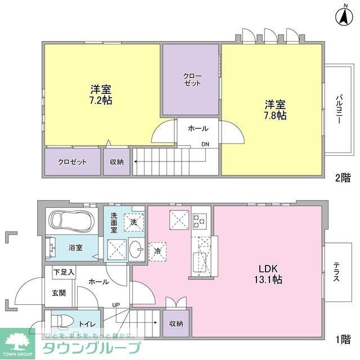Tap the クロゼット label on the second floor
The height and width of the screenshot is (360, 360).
[x=73, y=162]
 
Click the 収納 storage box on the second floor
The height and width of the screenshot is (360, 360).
[x=116, y=162]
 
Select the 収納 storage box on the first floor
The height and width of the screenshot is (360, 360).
[x=176, y=324]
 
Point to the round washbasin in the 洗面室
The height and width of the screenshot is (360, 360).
[x=136, y=247]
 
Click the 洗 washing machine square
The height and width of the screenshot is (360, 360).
[x=134, y=222]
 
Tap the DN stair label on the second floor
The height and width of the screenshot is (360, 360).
[x=206, y=145]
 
